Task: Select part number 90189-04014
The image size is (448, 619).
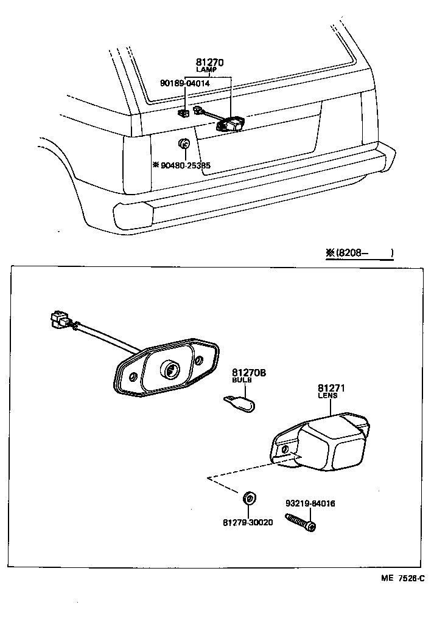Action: coord(185,83)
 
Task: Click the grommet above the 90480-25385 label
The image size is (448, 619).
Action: coord(184,144)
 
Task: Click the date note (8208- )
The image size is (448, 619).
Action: coord(359,253)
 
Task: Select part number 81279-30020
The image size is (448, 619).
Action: coord(248,522)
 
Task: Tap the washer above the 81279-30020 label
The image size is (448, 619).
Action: coord(248,499)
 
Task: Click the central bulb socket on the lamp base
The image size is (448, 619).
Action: coord(170,369)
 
